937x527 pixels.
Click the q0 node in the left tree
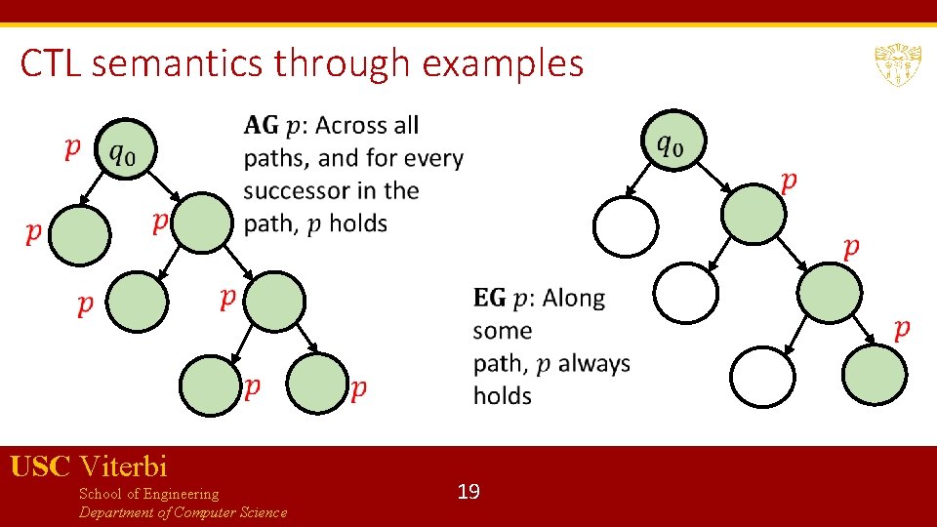(x=126, y=150)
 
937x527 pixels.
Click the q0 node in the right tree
(x=672, y=142)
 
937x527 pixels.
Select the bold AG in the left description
(x=261, y=125)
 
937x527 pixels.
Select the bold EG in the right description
(x=489, y=298)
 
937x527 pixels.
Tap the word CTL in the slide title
(x=57, y=64)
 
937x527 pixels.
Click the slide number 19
(x=468, y=491)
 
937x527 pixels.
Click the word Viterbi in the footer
(x=124, y=466)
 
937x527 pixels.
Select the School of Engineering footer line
(x=148, y=494)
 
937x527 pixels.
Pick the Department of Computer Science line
(x=183, y=512)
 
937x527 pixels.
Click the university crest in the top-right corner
(x=898, y=63)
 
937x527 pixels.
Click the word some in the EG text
(x=502, y=331)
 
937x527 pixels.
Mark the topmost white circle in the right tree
(x=626, y=226)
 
